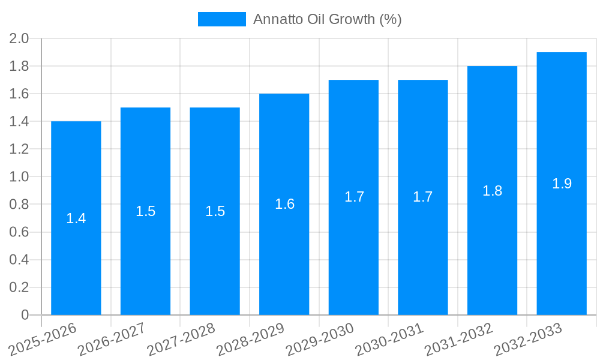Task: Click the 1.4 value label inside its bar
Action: [x=76, y=218]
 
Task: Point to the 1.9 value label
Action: [x=562, y=184]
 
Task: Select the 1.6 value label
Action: [x=284, y=204]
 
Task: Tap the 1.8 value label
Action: [x=492, y=191]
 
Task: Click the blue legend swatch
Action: [x=222, y=19]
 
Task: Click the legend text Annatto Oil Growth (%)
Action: [x=327, y=19]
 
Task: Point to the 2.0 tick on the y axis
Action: [x=19, y=39]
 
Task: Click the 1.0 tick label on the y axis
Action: [x=19, y=177]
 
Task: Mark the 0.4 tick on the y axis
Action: [x=19, y=260]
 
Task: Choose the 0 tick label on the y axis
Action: [x=25, y=315]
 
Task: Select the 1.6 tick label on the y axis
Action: [x=19, y=94]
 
